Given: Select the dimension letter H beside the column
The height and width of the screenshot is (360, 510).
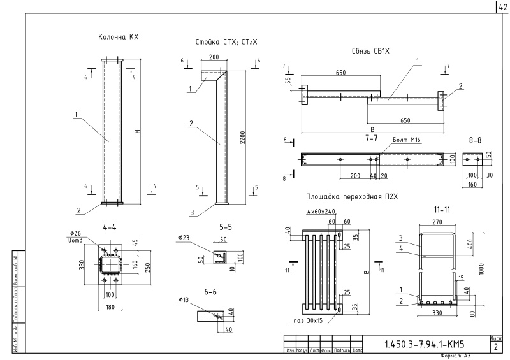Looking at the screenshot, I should click(138, 132).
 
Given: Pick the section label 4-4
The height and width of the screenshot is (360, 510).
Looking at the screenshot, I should click(109, 226).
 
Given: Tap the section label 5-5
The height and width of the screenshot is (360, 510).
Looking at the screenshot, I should click(226, 226).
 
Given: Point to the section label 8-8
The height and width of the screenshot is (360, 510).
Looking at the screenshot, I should click(475, 138).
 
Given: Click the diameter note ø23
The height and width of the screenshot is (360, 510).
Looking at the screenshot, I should click(186, 238).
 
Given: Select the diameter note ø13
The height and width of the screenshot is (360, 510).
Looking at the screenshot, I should click(185, 299).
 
